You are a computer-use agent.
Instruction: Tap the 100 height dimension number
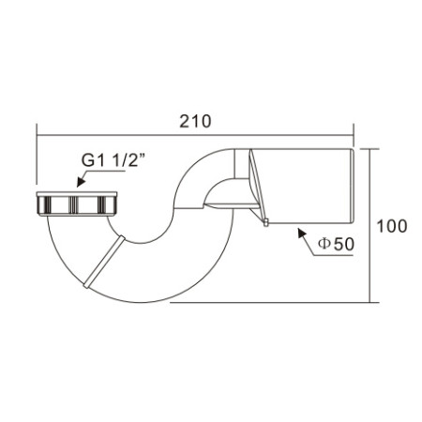[392, 226]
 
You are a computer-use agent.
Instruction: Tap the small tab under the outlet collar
[265, 222]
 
